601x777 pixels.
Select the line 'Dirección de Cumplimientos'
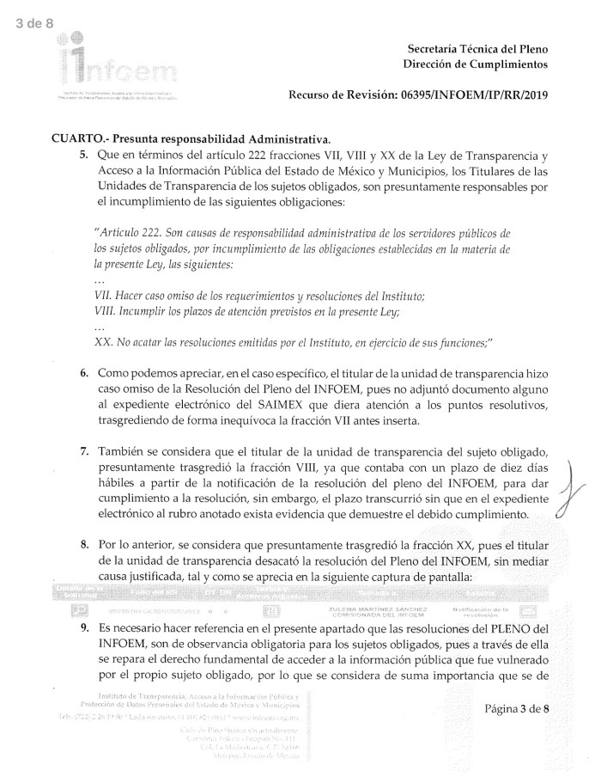pos(475,65)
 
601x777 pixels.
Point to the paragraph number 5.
pos(83,156)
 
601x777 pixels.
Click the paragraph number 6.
pos(83,374)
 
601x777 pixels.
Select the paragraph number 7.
pos(83,452)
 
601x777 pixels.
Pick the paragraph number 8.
pos(83,546)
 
